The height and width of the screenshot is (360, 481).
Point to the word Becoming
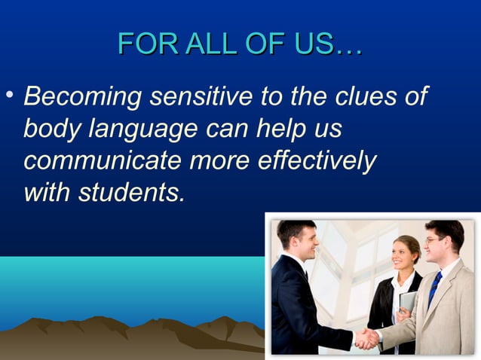point(82,97)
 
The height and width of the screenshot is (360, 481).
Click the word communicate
point(102,161)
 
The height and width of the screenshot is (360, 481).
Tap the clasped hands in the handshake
point(367,338)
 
